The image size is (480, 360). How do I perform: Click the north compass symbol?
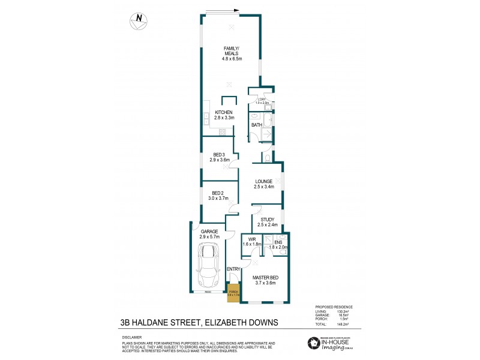click(139, 19)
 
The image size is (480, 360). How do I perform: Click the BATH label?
click(256, 125)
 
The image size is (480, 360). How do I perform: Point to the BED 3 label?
click(220, 157)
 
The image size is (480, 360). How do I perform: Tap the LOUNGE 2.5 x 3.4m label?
click(264, 184)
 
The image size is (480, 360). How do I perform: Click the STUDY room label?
click(268, 223)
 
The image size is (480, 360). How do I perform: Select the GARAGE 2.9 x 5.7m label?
click(210, 234)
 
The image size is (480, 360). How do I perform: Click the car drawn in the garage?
click(207, 267)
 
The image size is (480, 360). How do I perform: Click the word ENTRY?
click(233, 269)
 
